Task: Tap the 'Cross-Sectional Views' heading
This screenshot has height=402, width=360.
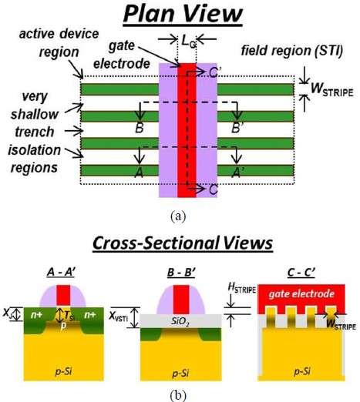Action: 183,243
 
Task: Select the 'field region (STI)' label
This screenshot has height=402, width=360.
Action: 292,51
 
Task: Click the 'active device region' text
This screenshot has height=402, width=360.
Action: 59,43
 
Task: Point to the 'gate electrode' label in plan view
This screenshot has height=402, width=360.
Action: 122,55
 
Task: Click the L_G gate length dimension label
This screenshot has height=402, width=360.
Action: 189,41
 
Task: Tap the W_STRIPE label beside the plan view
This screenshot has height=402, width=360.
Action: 332,89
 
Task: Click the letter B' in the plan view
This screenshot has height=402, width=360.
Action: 237,128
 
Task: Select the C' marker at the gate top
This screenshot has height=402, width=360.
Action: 214,72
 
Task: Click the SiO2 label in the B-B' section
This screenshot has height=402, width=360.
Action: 180,321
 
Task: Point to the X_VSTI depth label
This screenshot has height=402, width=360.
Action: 119,317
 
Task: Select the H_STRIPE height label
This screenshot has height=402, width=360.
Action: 242,288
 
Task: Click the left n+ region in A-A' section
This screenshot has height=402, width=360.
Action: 37,315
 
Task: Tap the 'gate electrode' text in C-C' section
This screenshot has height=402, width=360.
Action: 301,294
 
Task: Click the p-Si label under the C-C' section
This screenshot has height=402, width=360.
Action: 302,371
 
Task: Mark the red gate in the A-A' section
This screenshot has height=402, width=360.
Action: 63,295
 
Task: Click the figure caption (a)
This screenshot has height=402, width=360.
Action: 178,216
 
